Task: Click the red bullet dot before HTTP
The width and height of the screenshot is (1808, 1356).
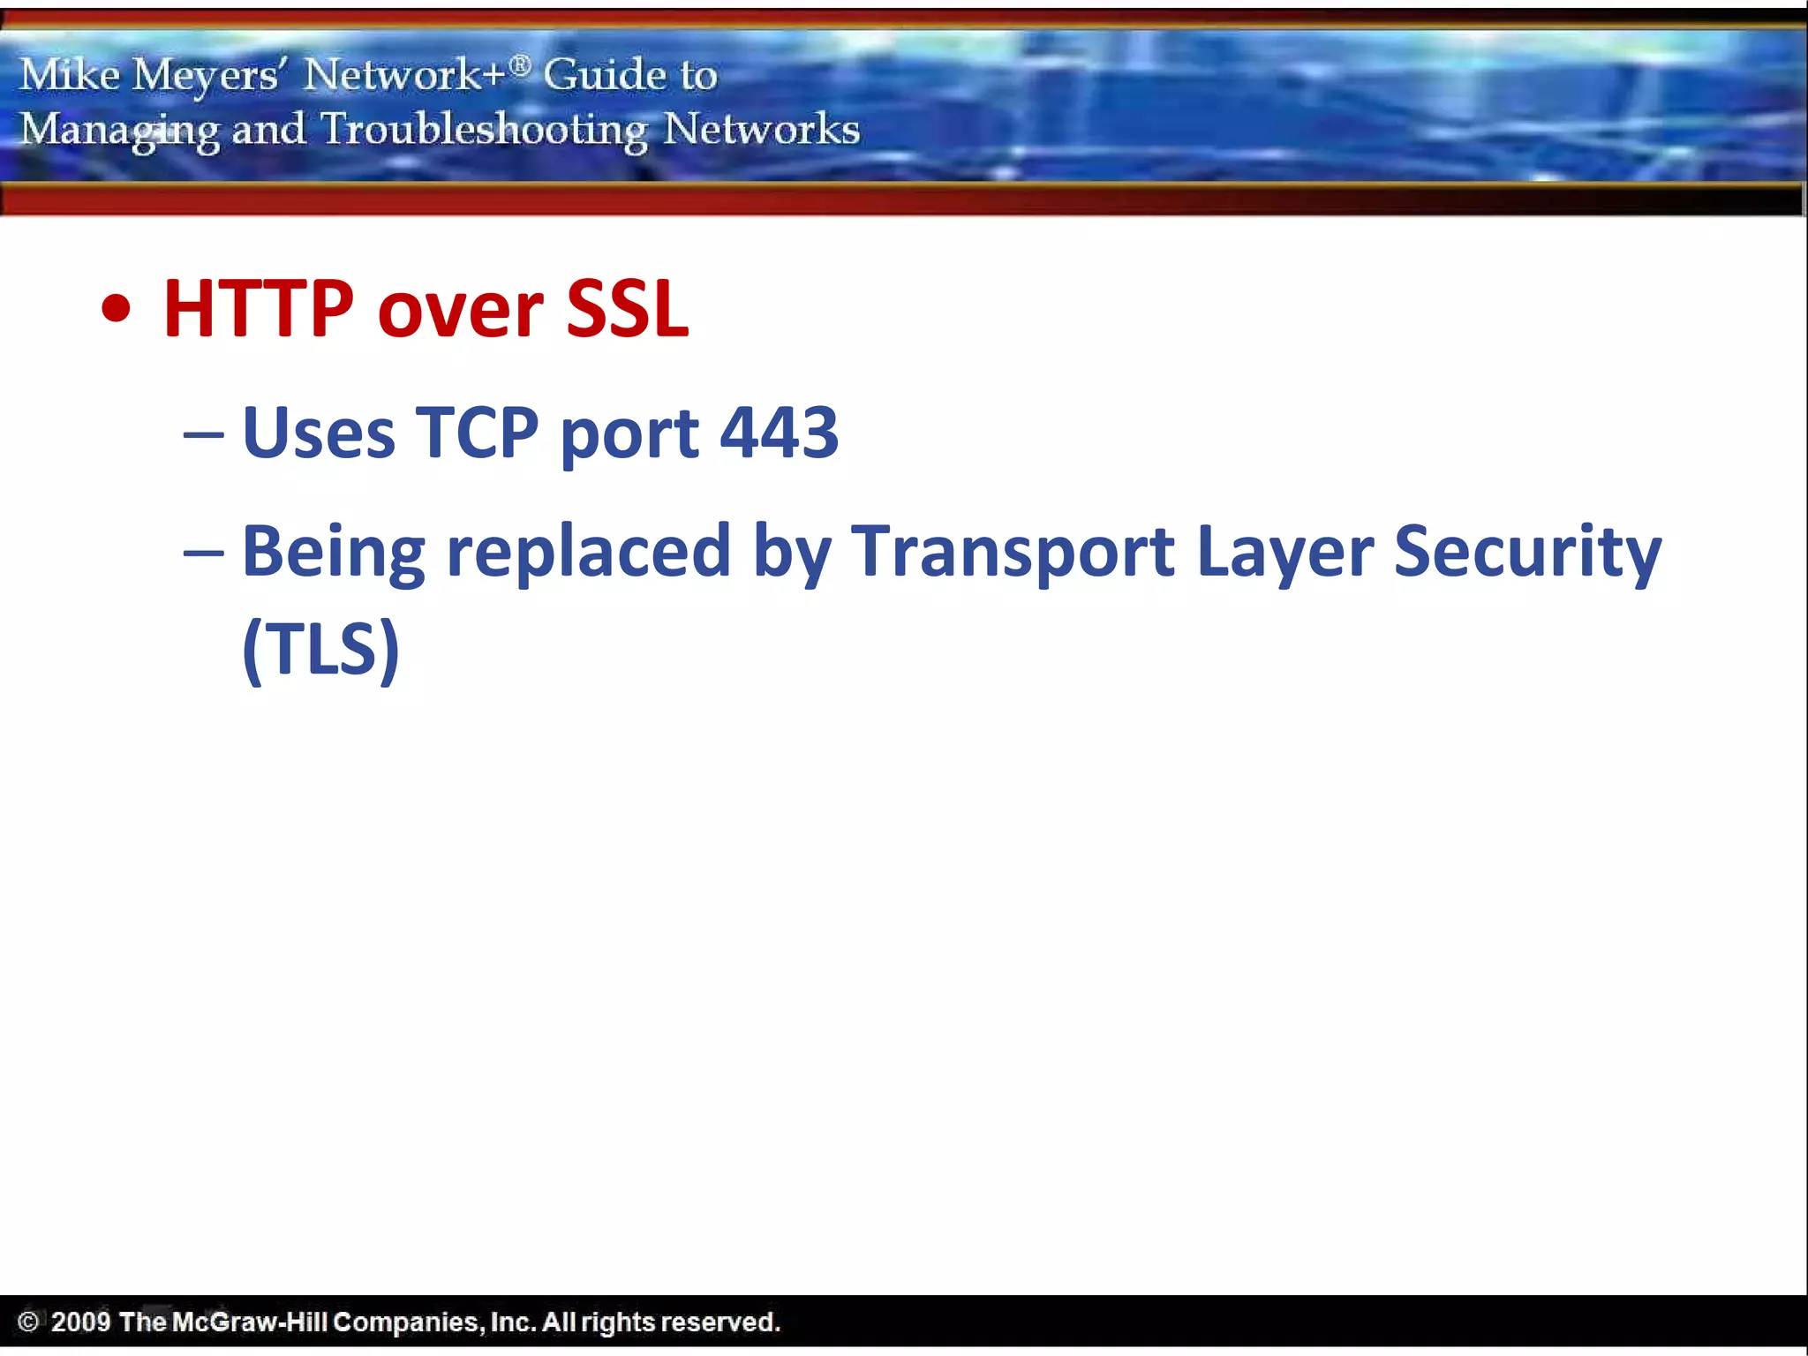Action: (117, 310)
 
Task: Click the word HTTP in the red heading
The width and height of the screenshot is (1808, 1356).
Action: (258, 309)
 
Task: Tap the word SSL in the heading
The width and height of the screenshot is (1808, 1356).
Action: (627, 309)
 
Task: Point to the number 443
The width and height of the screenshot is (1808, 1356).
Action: (779, 433)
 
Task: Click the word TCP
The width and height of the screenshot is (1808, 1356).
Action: (477, 433)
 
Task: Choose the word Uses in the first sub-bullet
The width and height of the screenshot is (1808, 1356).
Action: (319, 433)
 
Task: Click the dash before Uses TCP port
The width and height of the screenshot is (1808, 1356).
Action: (203, 434)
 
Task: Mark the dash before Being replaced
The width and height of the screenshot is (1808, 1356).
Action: (203, 553)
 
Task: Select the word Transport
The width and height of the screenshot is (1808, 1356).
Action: (1013, 553)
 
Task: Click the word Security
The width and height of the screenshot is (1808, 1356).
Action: (1527, 553)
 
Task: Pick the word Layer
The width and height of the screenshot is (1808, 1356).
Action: (1284, 553)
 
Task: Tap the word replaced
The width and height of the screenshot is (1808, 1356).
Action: (589, 553)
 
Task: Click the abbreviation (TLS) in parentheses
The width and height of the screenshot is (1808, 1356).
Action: (320, 650)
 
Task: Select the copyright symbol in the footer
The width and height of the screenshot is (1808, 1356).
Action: (28, 1322)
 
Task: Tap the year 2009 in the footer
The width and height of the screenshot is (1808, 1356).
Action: (80, 1322)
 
